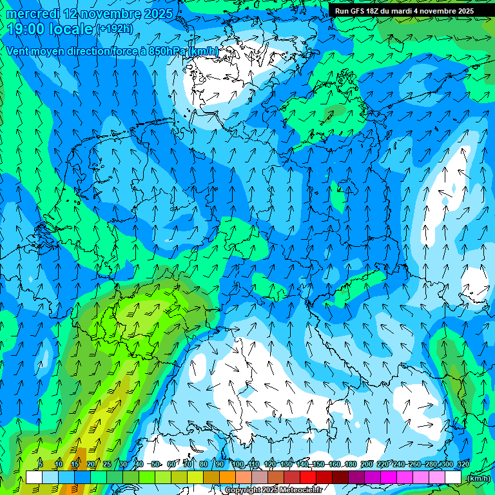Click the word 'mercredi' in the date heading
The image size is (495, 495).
pyautogui.click(x=32, y=14)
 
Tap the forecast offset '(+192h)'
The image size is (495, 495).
pyautogui.click(x=115, y=29)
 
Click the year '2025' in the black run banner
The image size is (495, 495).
pyautogui.click(x=462, y=11)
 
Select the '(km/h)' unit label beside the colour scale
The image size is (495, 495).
pyautogui.click(x=478, y=478)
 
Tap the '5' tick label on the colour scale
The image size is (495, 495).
pyautogui.click(x=41, y=465)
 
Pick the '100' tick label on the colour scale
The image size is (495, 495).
pyautogui.click(x=238, y=465)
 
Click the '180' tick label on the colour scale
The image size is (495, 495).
pyautogui.click(x=351, y=465)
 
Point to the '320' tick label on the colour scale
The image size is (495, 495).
pyautogui.click(x=463, y=465)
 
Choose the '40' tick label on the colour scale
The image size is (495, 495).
pyautogui.click(x=139, y=465)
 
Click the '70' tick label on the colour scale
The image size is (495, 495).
pyautogui.click(x=188, y=465)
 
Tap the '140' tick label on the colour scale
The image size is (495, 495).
pyautogui.click(x=302, y=465)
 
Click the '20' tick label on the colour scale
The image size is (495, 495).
pyautogui.click(x=91, y=465)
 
